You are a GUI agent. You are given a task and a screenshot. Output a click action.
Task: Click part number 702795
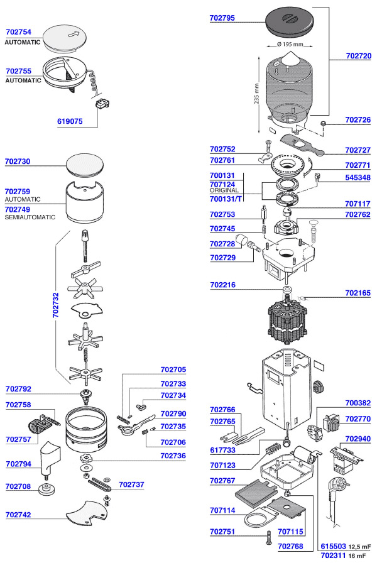coord(222,18)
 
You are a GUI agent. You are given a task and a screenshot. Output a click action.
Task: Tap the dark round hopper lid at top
coord(291,21)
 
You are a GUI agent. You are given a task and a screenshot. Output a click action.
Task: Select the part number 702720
coord(358,56)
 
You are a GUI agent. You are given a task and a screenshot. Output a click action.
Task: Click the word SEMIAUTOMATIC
coord(30,217)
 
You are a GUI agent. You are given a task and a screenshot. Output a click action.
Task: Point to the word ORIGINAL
coord(224,190)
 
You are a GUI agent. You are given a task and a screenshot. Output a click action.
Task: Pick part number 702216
coord(222,285)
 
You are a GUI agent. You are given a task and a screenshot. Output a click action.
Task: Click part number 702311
coord(333,555)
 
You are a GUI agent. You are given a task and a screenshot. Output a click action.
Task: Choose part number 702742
coord(18,515)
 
